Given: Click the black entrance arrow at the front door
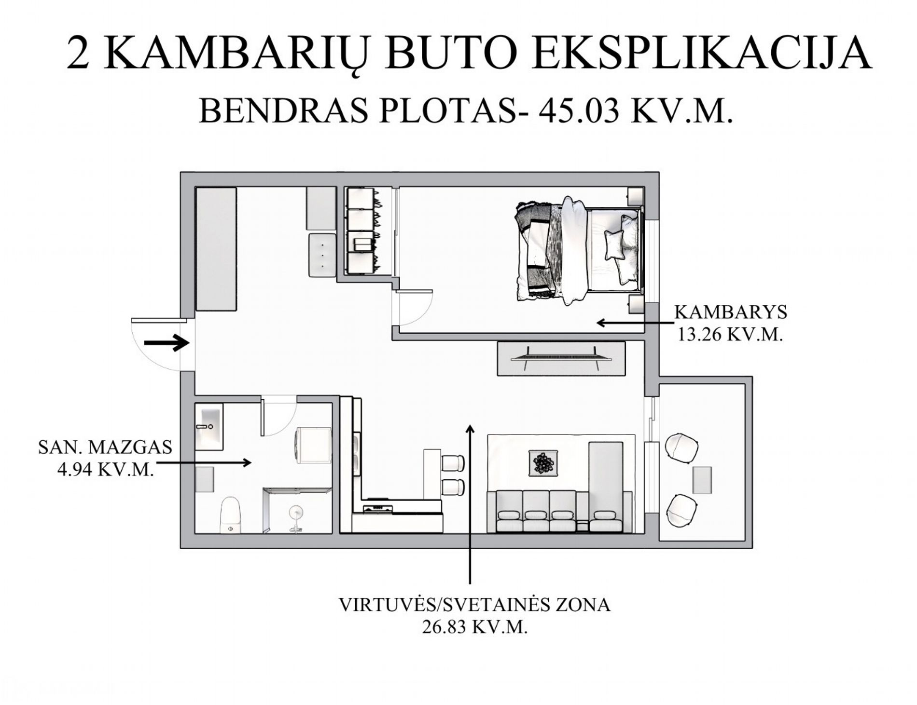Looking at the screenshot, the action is pos(166,343).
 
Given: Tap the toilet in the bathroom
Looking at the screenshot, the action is pos(231,515).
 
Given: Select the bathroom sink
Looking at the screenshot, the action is pos(209,427).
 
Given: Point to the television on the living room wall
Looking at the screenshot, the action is pos(561,358).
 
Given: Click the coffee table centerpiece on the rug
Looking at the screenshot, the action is pos(544,463).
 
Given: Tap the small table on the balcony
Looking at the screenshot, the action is pos(702,480).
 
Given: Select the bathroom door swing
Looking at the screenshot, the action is pos(278,415).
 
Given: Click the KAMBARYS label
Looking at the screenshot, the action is pos(730,312).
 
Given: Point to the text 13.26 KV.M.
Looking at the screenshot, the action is pos(730,334).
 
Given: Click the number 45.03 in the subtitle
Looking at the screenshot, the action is pos(579,111).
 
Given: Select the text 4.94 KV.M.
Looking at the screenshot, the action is pos(106,469).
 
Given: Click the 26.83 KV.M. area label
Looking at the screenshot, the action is pos(474,627).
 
